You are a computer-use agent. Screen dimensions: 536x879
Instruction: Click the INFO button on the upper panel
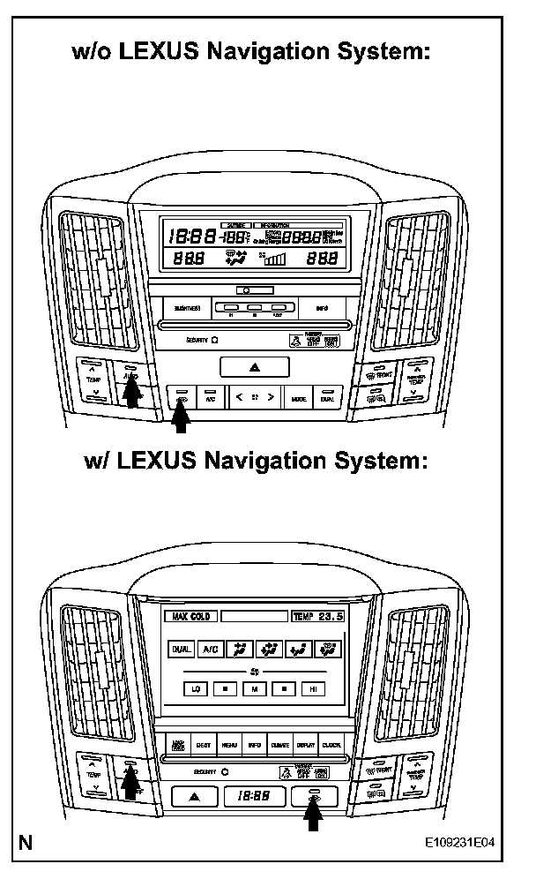[x=321, y=308]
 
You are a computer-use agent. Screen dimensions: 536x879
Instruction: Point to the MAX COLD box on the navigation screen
[x=190, y=616]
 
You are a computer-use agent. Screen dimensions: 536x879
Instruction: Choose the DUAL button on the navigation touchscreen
[x=181, y=650]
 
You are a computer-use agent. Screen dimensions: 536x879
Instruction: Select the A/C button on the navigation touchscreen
[x=211, y=650]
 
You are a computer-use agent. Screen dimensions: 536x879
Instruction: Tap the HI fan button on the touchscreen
[x=311, y=688]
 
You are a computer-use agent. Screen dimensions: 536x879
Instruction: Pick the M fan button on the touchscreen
[x=254, y=688]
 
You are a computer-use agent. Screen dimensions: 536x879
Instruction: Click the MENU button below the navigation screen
[x=229, y=745]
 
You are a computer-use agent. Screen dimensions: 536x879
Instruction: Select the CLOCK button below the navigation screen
[x=331, y=745]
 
